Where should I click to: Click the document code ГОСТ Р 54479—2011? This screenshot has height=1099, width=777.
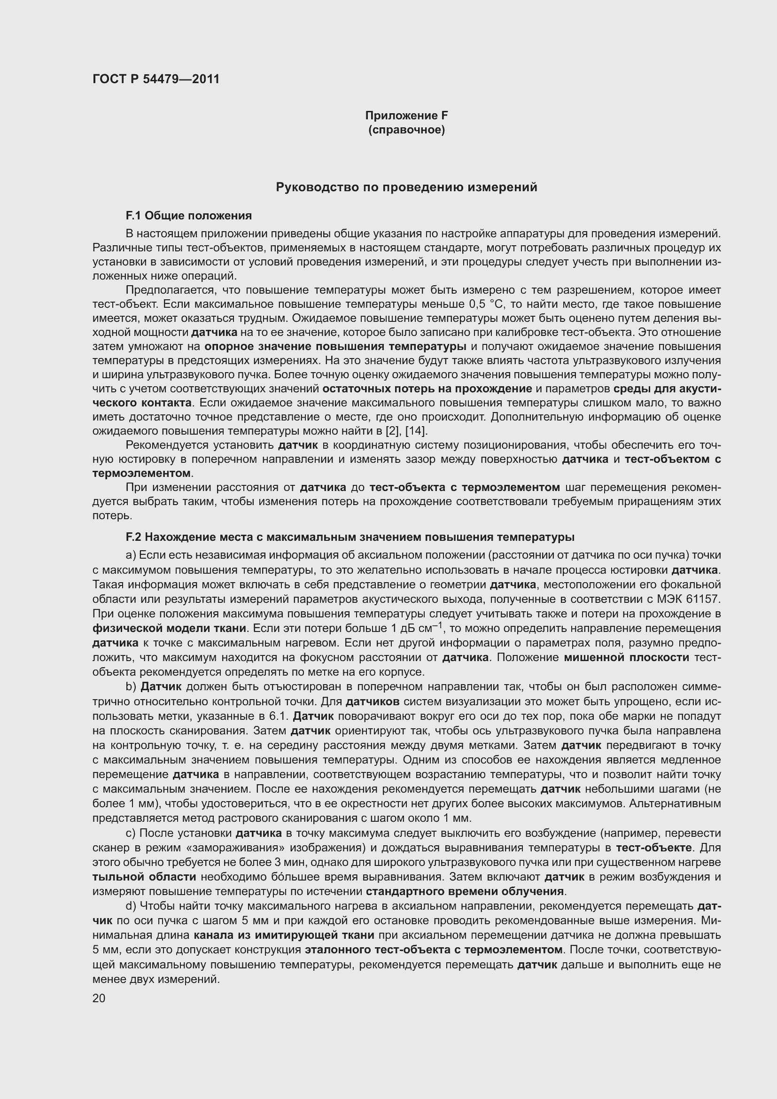point(156,79)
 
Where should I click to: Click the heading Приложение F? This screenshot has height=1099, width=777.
point(406,116)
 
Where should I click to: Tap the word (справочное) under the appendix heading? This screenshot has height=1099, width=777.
point(406,130)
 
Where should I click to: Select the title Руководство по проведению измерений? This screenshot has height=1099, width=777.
point(406,187)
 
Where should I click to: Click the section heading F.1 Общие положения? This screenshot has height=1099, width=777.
point(188,216)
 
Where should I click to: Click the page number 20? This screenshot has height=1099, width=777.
point(99,998)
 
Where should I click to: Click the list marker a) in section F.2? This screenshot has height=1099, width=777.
point(131,555)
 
